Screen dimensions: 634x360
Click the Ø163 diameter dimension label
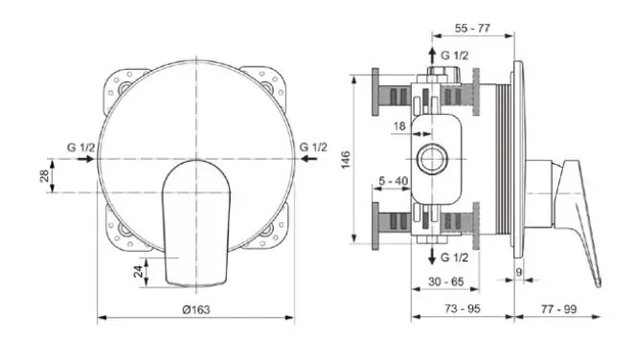tap(196, 310)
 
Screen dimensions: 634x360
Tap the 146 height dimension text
tap(346, 160)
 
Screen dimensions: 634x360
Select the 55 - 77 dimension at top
tap(472, 29)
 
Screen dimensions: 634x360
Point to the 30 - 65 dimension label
tap(446, 281)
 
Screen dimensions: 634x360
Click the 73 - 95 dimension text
tap(463, 308)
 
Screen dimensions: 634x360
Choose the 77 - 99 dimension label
tap(558, 309)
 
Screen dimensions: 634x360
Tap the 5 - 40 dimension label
tap(394, 181)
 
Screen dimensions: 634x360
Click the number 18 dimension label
tap(399, 126)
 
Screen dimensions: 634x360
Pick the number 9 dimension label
tap(519, 272)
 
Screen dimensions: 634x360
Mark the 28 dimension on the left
tap(44, 176)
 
